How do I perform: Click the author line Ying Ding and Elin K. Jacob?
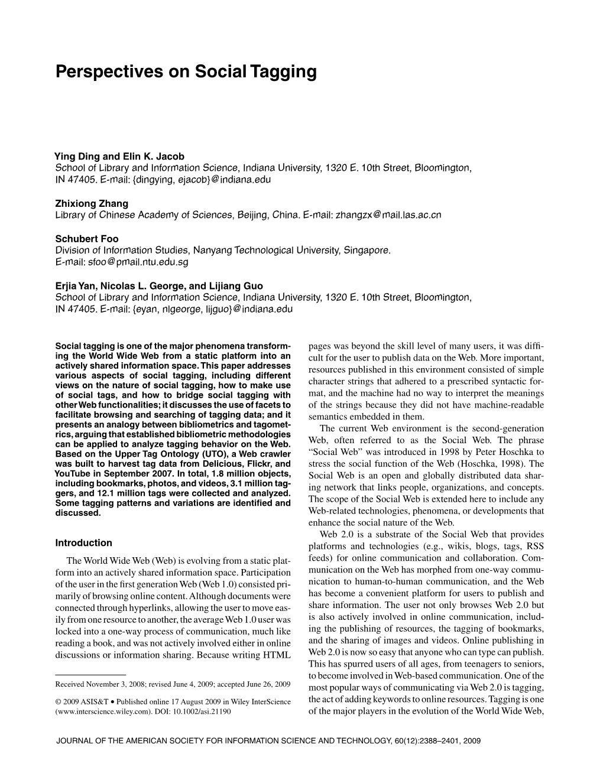click(x=119, y=157)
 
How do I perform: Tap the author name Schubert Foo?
click(x=87, y=239)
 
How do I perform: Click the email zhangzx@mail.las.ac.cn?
click(x=388, y=215)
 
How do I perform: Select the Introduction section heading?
click(x=83, y=542)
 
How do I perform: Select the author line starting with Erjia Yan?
click(x=159, y=285)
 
